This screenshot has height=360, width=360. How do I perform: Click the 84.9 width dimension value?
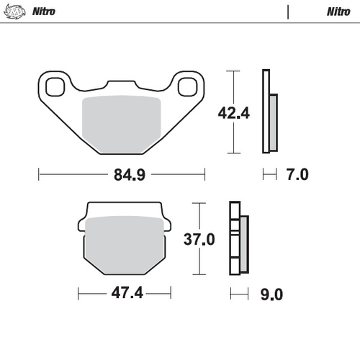[x=122, y=174]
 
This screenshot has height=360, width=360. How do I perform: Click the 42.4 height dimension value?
[x=233, y=112]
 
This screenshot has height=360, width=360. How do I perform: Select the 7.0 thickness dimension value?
[x=297, y=174]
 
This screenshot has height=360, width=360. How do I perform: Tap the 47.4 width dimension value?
[x=125, y=294]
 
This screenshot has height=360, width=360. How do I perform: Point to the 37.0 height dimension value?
[x=199, y=239]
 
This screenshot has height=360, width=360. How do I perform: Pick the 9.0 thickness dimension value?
[x=271, y=294]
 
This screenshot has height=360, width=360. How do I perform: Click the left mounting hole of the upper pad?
[x=54, y=88]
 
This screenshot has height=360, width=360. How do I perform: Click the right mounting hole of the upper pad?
[x=187, y=88]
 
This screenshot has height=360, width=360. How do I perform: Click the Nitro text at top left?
[x=45, y=12]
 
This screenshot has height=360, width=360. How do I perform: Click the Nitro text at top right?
[x=338, y=12]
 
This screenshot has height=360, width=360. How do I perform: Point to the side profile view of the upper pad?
[x=269, y=112]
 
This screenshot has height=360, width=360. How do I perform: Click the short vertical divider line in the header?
[x=288, y=12]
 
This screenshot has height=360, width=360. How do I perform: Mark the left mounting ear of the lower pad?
[x=81, y=224]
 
